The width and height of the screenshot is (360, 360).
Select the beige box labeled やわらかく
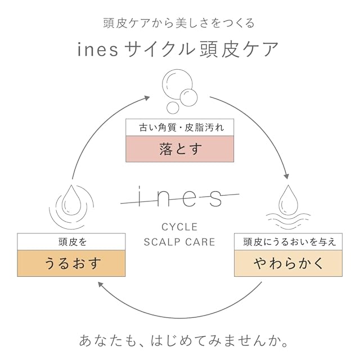point(289,262)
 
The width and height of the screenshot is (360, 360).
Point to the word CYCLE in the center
point(179,228)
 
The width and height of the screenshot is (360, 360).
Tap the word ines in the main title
point(97,49)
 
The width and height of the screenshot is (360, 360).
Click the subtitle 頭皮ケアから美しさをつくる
point(179,23)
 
